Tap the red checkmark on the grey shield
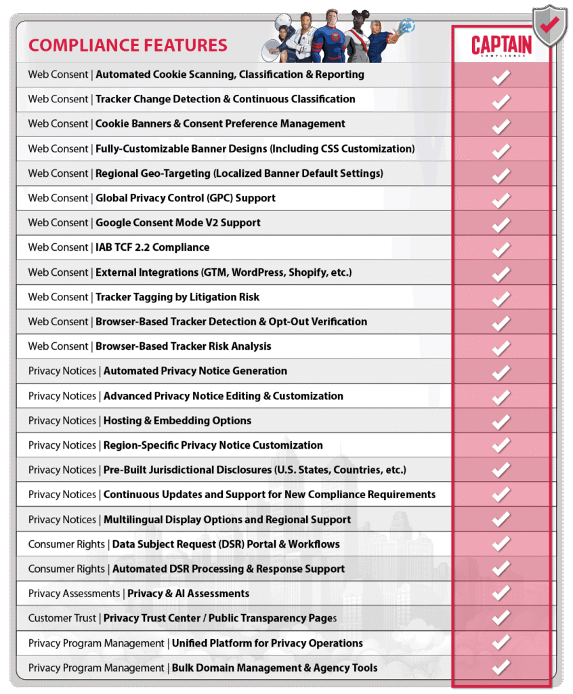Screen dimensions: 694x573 click(x=549, y=26)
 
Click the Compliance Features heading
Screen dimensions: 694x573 click(x=128, y=45)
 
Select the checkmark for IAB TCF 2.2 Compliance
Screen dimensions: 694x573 click(x=501, y=248)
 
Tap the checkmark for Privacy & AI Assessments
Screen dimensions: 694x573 click(x=501, y=594)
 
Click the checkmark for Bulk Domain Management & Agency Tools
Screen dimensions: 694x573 click(x=501, y=668)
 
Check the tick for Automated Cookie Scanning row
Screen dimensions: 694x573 click(x=501, y=75)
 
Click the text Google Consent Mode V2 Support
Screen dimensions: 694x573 click(x=177, y=223)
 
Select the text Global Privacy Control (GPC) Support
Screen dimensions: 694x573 click(x=185, y=198)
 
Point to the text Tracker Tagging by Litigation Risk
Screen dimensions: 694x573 click(x=177, y=297)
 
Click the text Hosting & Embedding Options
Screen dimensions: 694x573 click(x=177, y=421)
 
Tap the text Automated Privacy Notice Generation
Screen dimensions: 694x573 click(x=195, y=371)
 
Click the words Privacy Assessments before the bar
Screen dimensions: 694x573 click(x=74, y=594)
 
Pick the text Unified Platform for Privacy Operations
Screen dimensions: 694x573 click(x=267, y=643)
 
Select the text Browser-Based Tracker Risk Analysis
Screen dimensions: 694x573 click(x=183, y=346)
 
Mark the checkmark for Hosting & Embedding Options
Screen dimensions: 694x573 click(x=501, y=421)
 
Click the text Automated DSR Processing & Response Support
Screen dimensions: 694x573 click(x=228, y=569)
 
